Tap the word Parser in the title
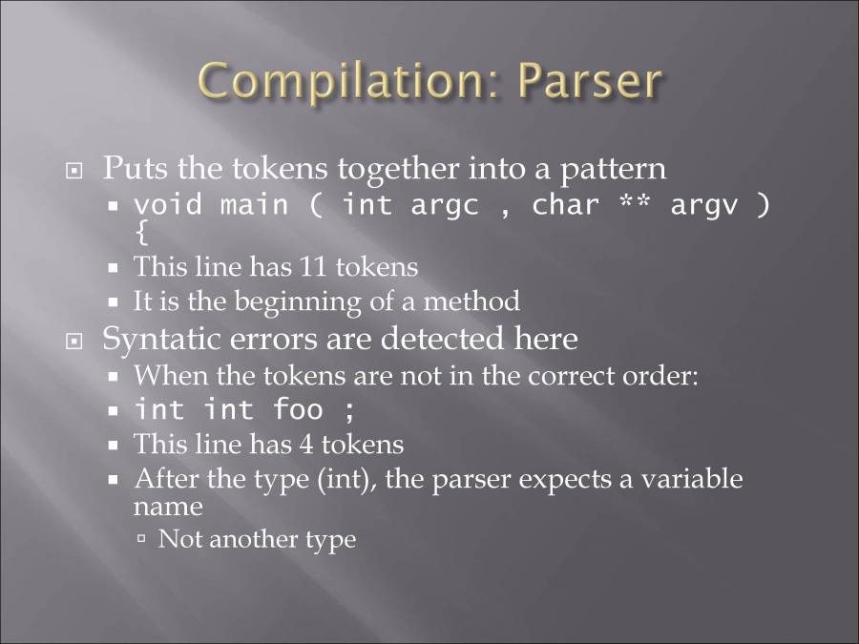click(589, 82)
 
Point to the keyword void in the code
click(168, 205)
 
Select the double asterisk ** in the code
click(634, 204)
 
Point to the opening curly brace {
click(142, 231)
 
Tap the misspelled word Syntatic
click(159, 339)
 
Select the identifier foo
click(298, 409)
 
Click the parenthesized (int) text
click(342, 479)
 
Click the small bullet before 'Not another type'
click(141, 539)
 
